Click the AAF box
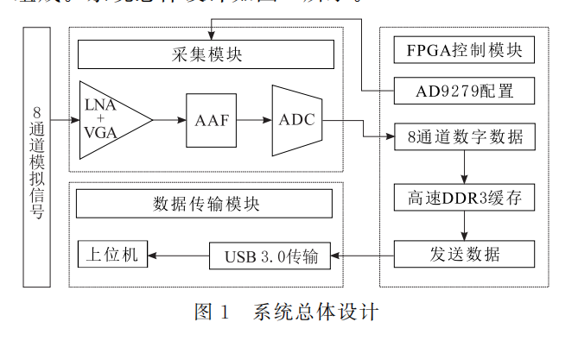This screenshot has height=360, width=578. coord(212,120)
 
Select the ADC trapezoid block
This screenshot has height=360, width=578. coord(295,120)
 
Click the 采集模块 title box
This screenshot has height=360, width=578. coord(206,55)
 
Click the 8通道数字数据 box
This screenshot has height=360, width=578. coord(465,136)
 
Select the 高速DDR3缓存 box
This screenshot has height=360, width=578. coord(465,199)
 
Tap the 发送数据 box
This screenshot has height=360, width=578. coord(465,254)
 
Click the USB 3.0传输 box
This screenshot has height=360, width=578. coord(270,256)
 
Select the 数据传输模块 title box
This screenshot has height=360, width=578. coord(206,204)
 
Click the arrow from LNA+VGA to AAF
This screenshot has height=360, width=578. coord(169,120)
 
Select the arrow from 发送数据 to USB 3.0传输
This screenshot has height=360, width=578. coord(364,255)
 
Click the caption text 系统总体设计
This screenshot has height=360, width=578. coord(315,311)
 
